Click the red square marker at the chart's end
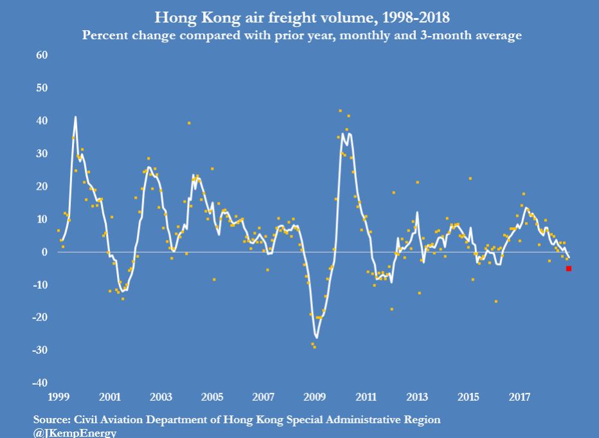click(x=568, y=269)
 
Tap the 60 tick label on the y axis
click(x=42, y=55)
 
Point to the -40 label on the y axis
click(x=40, y=383)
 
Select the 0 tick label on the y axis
click(x=45, y=252)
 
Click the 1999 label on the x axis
click(x=58, y=397)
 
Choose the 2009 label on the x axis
click(x=314, y=397)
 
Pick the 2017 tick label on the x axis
click(x=519, y=397)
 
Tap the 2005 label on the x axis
click(x=212, y=397)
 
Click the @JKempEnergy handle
click(x=75, y=433)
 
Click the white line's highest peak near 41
click(x=75, y=116)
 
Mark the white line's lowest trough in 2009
click(x=317, y=338)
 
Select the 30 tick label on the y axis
click(x=42, y=154)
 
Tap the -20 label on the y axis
click(x=40, y=317)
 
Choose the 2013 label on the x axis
click(x=417, y=397)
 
